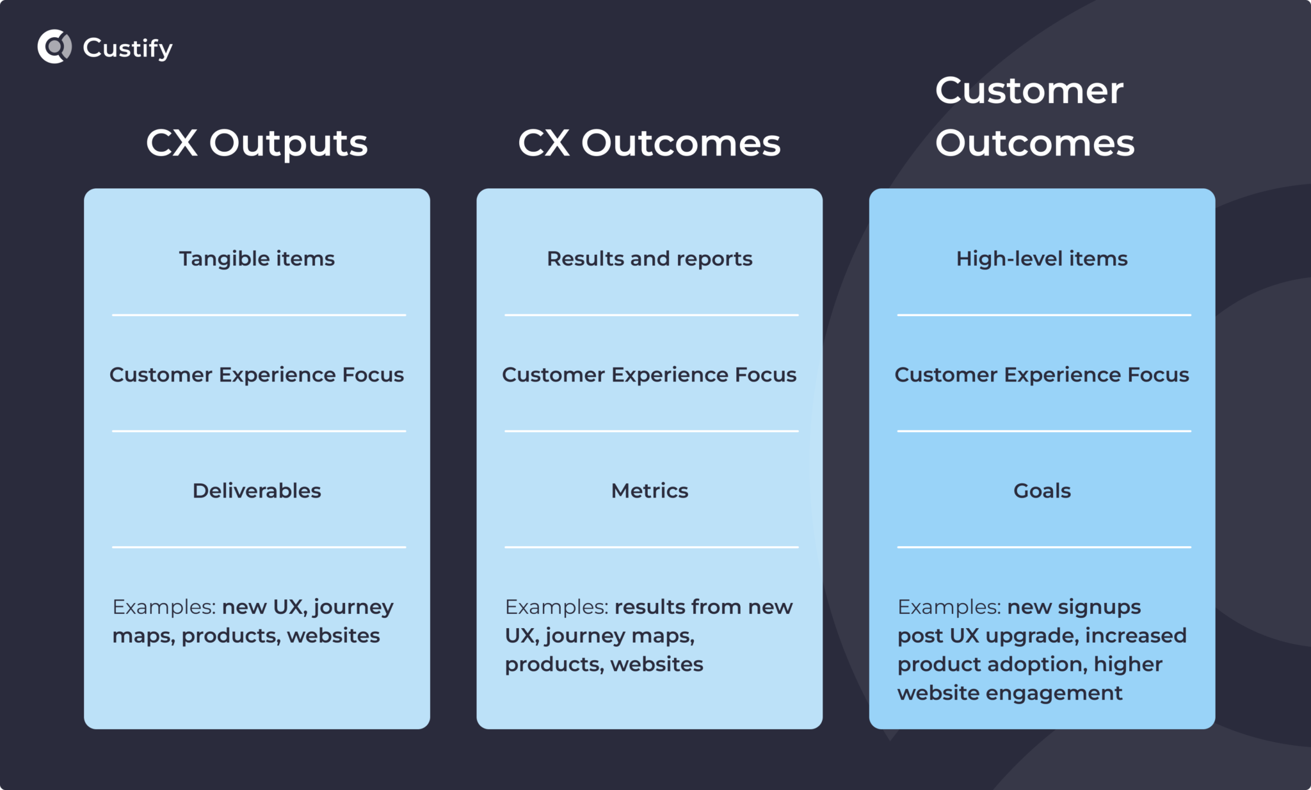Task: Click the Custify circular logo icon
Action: point(54,47)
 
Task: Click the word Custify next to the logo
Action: point(127,48)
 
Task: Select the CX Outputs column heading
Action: point(257,143)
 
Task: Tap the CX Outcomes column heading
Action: point(649,143)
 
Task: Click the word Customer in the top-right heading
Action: point(1029,90)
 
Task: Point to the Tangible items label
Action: point(257,259)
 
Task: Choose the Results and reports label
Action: point(649,259)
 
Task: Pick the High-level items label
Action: point(1042,259)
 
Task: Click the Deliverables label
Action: point(257,490)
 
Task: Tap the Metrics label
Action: point(649,490)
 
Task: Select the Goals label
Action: point(1042,490)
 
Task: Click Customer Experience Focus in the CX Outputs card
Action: point(257,375)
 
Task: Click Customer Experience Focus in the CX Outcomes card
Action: point(649,375)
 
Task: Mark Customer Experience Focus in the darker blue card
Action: point(1042,375)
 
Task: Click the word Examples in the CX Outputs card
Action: point(164,607)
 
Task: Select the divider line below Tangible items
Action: point(259,315)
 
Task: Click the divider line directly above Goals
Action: point(1043,431)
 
